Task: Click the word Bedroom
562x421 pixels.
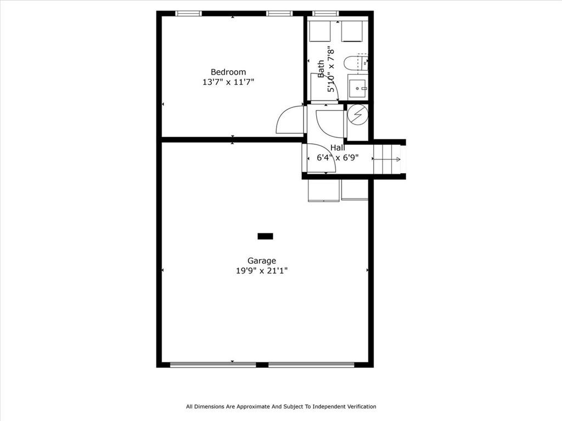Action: [x=228, y=72]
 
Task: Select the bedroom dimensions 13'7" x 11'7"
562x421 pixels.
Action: [x=228, y=82]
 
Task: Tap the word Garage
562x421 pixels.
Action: [x=262, y=261]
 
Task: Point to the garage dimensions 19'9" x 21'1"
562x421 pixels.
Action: [x=262, y=271]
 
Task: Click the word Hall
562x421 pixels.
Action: [x=338, y=147]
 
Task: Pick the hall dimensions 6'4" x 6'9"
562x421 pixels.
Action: [x=338, y=157]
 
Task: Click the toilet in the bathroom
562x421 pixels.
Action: [x=356, y=64]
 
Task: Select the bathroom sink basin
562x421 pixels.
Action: [x=358, y=88]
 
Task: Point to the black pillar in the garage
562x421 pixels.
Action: [x=265, y=236]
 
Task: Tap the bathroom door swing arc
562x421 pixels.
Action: [x=330, y=123]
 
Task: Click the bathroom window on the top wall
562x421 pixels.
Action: [x=325, y=14]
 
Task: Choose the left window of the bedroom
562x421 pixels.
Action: [x=189, y=14]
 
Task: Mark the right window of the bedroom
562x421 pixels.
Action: [x=279, y=14]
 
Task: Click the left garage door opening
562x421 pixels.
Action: [x=213, y=365]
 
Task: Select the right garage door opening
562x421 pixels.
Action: [x=312, y=365]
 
